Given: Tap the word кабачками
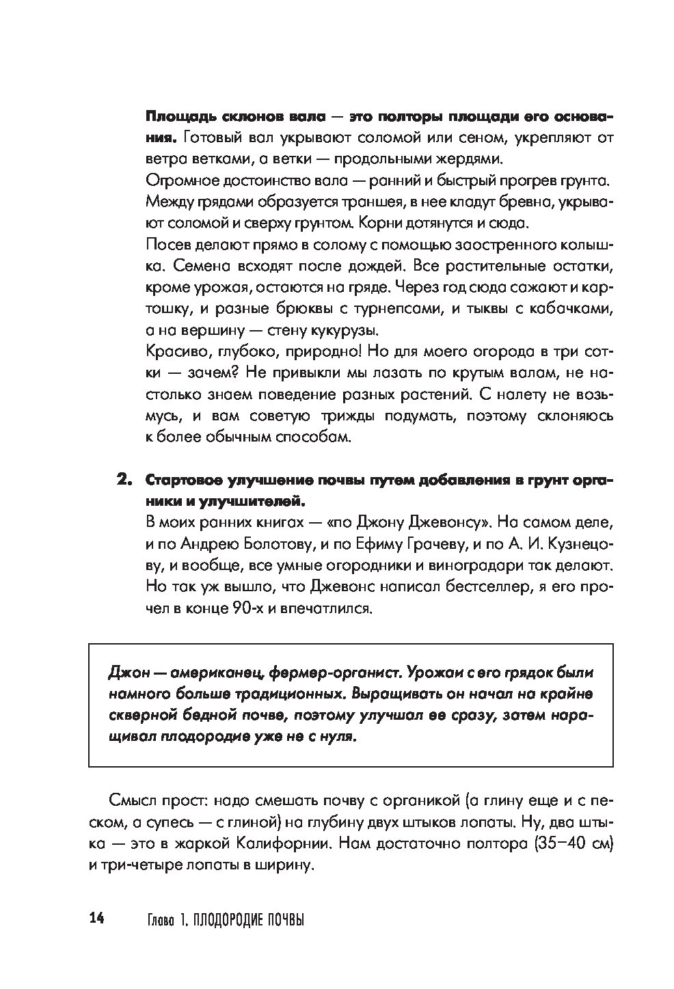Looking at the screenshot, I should pyautogui.click(x=571, y=309).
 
